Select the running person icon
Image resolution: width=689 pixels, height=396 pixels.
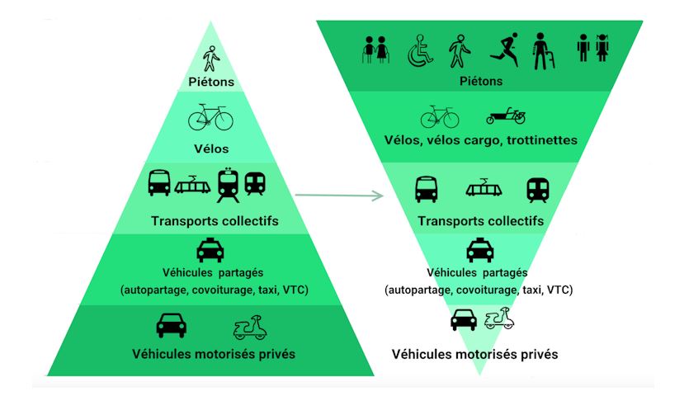pos(503,51)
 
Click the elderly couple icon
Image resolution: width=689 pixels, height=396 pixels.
pos(375,51)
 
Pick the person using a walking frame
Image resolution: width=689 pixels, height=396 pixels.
pos(542,50)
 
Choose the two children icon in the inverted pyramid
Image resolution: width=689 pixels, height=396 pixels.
pos(593,49)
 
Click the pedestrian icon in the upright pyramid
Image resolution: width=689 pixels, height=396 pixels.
pos(211,57)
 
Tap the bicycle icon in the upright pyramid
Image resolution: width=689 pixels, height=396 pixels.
pos(210,117)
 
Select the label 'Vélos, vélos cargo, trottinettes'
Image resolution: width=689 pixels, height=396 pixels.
pos(481,139)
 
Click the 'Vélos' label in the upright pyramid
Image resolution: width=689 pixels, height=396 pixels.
pos(212,149)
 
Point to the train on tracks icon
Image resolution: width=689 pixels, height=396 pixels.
pos(229,185)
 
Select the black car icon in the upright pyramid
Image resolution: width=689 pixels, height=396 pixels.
pos(171,325)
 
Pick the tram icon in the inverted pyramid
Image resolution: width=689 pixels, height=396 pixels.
pos(484,189)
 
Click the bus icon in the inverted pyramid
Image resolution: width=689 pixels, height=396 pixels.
pos(426,189)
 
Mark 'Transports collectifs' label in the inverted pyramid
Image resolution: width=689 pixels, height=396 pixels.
pos(481,221)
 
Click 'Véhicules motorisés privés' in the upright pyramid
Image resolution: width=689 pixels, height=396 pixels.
pos(214,355)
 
